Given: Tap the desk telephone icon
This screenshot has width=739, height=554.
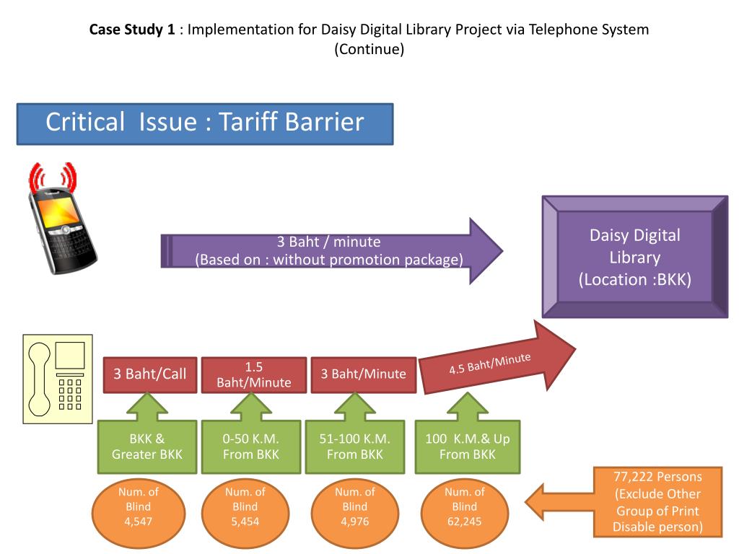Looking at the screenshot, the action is pos(58,379).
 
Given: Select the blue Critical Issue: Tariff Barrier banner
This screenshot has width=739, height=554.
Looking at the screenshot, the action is pos(205,124).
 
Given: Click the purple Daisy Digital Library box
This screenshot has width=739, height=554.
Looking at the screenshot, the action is pos(635,257).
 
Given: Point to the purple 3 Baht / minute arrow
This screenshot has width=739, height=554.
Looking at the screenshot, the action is pos(331,251).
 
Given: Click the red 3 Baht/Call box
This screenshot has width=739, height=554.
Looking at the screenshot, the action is pos(150,375).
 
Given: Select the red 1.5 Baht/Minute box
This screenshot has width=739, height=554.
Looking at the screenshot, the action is pos(253,375).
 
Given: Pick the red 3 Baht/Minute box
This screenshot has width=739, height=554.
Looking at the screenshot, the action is pos(364,375).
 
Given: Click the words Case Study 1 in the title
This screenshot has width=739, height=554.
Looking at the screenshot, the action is pos(132,30).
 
